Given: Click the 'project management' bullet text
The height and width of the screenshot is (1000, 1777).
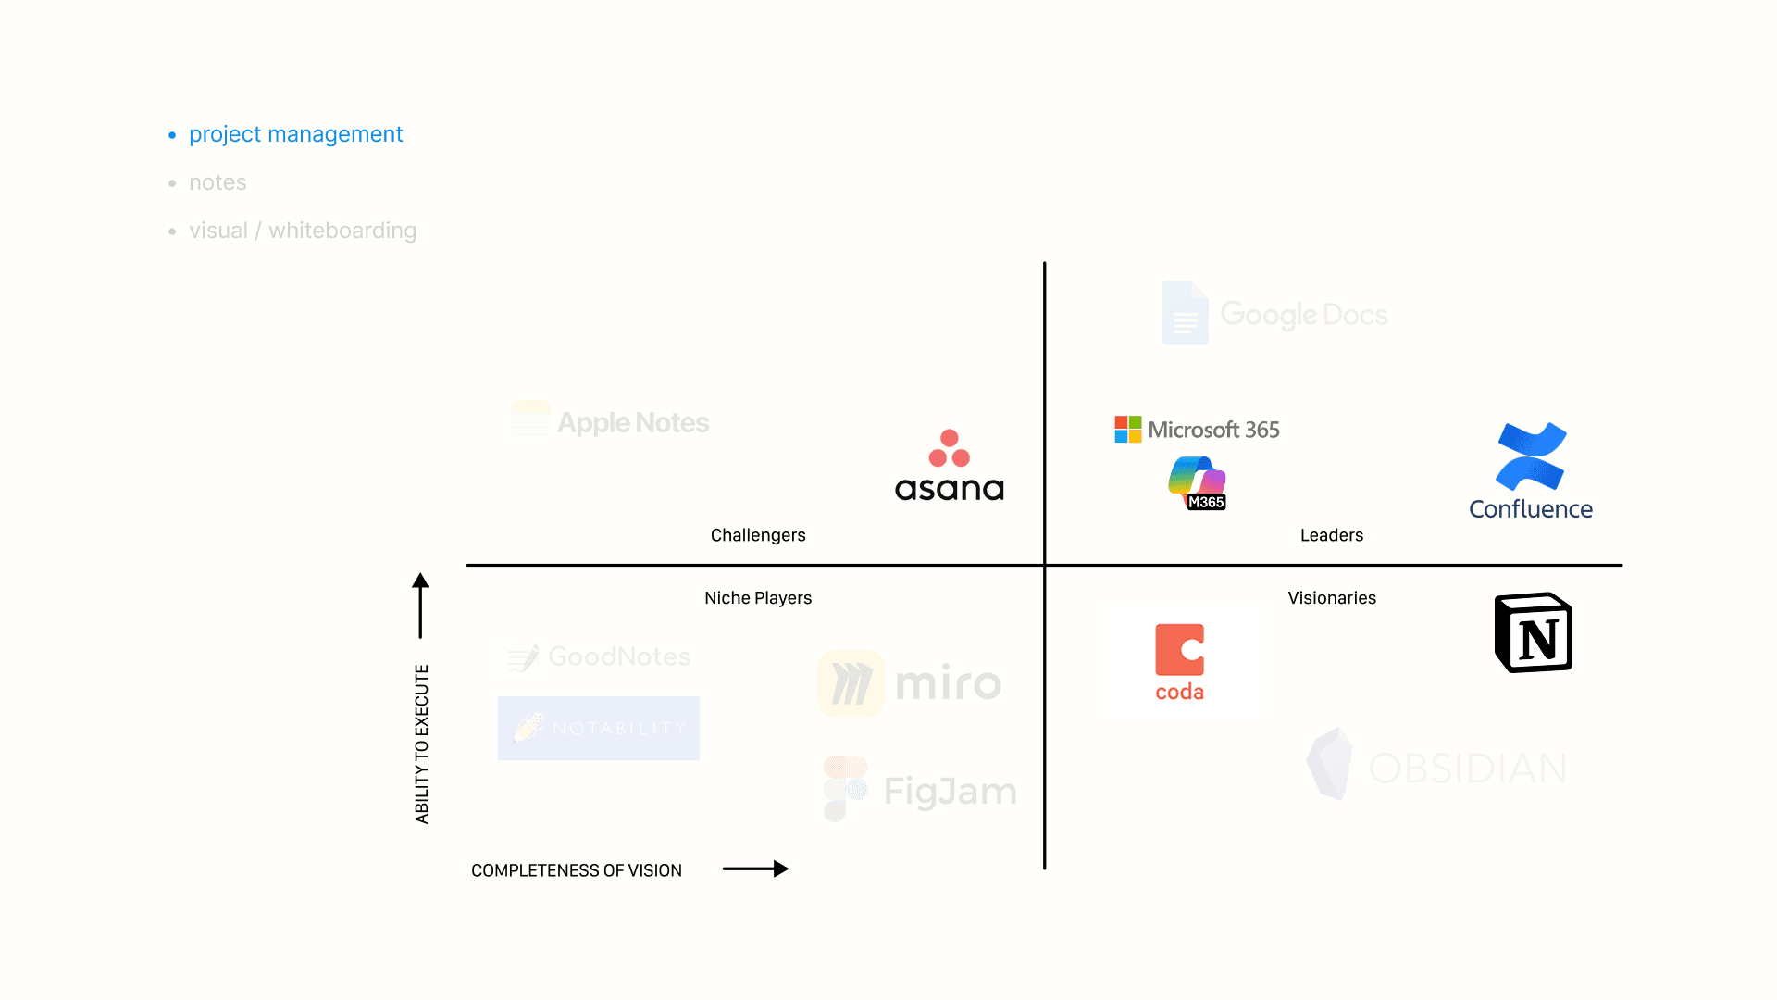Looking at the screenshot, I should (x=295, y=134).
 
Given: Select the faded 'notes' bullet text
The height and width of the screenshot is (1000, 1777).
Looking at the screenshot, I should (x=217, y=182).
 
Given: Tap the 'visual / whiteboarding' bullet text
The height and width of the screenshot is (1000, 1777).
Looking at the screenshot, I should (x=303, y=231).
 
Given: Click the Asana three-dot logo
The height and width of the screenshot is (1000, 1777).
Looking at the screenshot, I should (x=949, y=448).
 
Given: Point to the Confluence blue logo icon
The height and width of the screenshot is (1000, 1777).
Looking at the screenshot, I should (x=1531, y=456).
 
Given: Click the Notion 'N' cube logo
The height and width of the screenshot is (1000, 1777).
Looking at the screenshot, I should (x=1534, y=633).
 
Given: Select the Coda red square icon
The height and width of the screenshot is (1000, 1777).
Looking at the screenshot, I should (x=1179, y=649).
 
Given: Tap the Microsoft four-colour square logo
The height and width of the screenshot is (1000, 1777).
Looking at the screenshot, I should (x=1127, y=430).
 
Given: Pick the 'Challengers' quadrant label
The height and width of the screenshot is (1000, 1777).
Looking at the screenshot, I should (x=758, y=535).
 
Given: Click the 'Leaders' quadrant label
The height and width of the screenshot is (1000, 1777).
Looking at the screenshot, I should (x=1331, y=535).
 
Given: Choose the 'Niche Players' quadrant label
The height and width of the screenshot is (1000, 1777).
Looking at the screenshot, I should (x=758, y=598).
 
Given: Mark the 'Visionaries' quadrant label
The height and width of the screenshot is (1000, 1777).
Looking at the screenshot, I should (x=1332, y=598).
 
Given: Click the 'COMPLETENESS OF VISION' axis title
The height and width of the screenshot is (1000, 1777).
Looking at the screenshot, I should (x=576, y=870).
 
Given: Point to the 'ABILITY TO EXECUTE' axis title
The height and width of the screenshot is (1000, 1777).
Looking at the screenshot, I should (x=422, y=744).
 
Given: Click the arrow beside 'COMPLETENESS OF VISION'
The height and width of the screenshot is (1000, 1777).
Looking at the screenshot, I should (x=755, y=869).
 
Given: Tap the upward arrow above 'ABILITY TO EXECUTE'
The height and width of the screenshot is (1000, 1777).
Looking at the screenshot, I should (x=420, y=606).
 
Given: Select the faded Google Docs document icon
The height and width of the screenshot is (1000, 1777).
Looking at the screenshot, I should (x=1185, y=313).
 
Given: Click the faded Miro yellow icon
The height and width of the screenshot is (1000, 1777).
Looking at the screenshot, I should (x=851, y=683).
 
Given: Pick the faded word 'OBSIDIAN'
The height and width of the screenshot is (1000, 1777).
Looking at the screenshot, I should (x=1467, y=769).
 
